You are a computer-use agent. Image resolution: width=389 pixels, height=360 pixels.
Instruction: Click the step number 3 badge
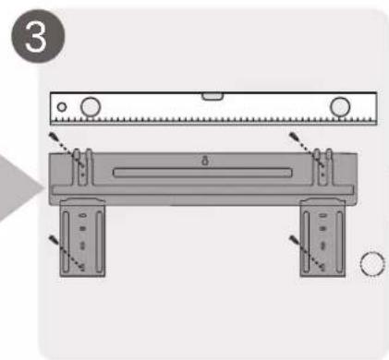tap(38, 36)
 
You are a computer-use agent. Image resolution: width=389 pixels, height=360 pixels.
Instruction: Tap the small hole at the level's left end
tap(62, 107)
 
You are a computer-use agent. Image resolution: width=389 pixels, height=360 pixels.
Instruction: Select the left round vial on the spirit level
tap(91, 107)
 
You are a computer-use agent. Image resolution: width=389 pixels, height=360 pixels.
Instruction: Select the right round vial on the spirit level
tap(340, 107)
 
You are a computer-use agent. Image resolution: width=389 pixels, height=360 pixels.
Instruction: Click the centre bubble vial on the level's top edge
tap(213, 96)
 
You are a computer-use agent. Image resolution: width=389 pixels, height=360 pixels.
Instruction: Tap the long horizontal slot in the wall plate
tap(202, 173)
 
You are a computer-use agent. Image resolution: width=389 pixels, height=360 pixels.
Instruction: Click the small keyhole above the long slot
tap(205, 161)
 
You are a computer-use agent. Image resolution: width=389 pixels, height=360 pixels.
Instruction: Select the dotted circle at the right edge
tap(372, 264)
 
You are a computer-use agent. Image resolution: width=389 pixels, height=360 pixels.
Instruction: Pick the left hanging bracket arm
tap(82, 237)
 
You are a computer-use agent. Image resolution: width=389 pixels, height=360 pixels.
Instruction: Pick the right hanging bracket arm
tap(322, 237)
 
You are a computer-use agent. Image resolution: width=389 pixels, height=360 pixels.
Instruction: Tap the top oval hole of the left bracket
tap(82, 215)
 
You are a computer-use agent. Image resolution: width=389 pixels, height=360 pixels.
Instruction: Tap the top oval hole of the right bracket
tap(322, 215)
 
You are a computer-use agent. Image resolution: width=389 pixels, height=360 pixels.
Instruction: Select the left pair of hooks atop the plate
tap(82, 167)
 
